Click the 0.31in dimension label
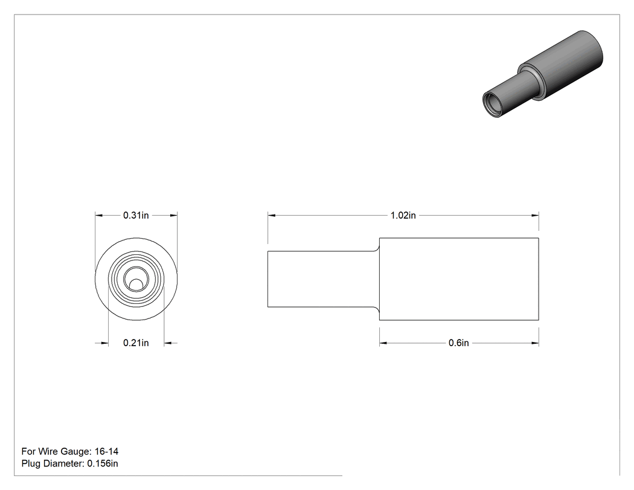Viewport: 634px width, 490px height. pyautogui.click(x=136, y=215)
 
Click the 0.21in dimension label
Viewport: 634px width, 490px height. pyautogui.click(x=136, y=343)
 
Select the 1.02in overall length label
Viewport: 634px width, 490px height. pyautogui.click(x=403, y=215)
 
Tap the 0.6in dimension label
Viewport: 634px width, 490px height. pyautogui.click(x=458, y=343)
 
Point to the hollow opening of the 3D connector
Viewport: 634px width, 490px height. pyautogui.click(x=492, y=105)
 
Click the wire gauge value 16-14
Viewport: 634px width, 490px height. pyautogui.click(x=106, y=451)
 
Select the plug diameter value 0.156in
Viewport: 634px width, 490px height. pyautogui.click(x=103, y=463)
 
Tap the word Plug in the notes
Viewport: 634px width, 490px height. pyautogui.click(x=31, y=463)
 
